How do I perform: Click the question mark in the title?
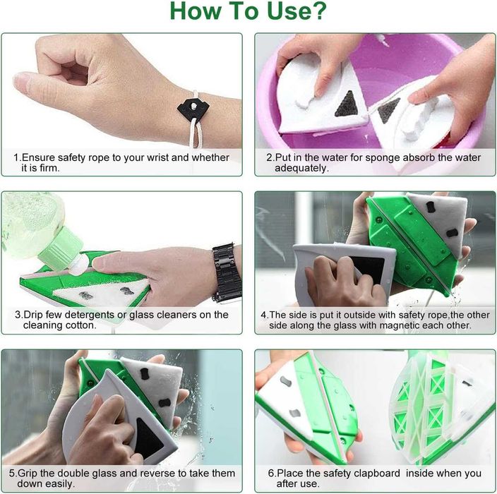coord(317,11)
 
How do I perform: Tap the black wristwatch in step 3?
coord(227,273)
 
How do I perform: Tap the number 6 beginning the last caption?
coord(271,474)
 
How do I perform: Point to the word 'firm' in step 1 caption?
coord(48,168)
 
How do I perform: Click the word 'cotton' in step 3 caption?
coord(80,325)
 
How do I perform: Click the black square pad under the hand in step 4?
coord(368,270)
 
